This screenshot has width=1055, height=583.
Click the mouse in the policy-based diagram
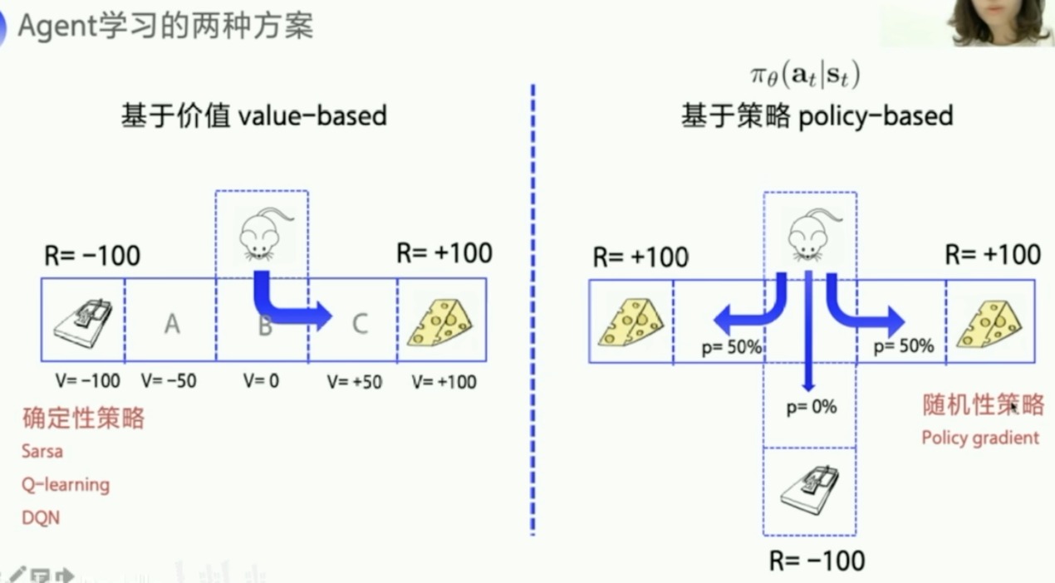point(809,234)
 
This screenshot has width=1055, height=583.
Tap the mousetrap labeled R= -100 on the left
point(83,321)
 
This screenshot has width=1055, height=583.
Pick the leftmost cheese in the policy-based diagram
point(631,321)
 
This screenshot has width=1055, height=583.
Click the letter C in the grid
point(359,323)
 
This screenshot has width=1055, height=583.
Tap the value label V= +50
point(355,382)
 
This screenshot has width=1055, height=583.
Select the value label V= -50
point(169,382)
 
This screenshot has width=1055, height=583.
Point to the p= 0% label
point(811,408)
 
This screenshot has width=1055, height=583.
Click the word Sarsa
point(42,452)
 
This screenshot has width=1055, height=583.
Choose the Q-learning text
point(66,484)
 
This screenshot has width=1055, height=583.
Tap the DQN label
point(41,517)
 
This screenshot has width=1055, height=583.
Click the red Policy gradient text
point(980,438)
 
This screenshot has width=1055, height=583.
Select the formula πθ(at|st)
point(804,76)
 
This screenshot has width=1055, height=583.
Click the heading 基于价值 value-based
point(254,115)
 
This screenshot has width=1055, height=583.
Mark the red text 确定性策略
point(83,418)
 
